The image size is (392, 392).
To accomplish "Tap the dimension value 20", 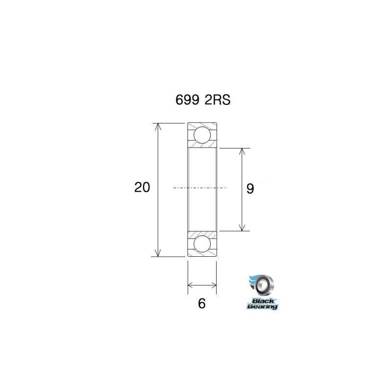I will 142,187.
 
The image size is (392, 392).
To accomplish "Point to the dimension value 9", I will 250,189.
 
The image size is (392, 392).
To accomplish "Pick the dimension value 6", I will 201,303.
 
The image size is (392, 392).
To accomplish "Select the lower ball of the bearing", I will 202,244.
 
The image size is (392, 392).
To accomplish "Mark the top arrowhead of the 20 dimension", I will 158,126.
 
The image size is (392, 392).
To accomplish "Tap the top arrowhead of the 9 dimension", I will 242,151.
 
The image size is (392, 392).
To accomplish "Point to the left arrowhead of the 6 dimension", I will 191,285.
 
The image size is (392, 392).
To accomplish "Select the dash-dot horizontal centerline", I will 201,188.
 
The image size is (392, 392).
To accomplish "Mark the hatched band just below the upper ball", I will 202,146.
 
